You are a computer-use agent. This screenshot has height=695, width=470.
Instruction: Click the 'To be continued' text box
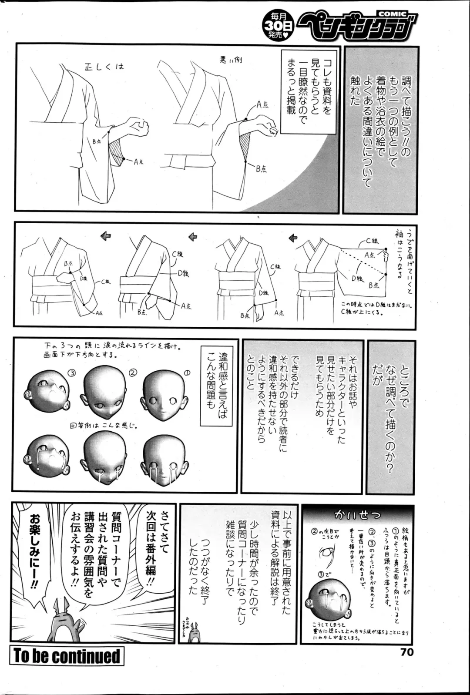pos(67,656)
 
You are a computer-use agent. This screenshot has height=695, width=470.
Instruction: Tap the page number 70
pos(404,651)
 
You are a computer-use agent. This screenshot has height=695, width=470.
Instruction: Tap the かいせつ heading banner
pos(357,515)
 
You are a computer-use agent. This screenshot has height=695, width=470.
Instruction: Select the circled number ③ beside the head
pos(71,373)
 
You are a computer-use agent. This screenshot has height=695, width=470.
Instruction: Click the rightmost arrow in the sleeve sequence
pos(293,237)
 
